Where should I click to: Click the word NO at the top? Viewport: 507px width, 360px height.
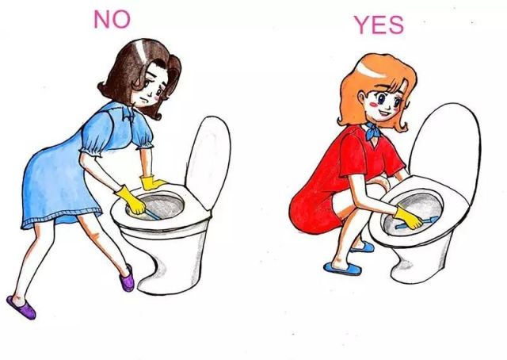click(x=112, y=19)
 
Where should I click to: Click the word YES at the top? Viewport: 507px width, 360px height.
click(x=379, y=25)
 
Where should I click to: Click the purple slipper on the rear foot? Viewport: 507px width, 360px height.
click(x=21, y=307)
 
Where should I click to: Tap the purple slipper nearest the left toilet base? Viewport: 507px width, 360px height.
click(x=127, y=279)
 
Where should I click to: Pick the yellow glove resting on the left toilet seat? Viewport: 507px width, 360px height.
click(x=151, y=182)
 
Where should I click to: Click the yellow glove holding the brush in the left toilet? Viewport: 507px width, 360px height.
click(x=132, y=201)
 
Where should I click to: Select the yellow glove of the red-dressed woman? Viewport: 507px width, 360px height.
click(x=407, y=218)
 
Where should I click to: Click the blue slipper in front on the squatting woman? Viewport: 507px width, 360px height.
click(x=343, y=268)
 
